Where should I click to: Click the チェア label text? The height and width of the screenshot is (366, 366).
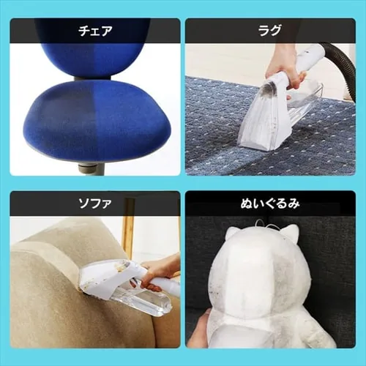click(x=95, y=31)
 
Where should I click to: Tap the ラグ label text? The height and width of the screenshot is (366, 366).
click(x=270, y=30)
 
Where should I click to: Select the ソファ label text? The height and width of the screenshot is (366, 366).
click(x=95, y=203)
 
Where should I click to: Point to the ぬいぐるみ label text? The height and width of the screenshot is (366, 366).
click(x=270, y=203)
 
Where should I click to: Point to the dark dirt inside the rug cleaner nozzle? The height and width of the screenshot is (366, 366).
click(x=272, y=89)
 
